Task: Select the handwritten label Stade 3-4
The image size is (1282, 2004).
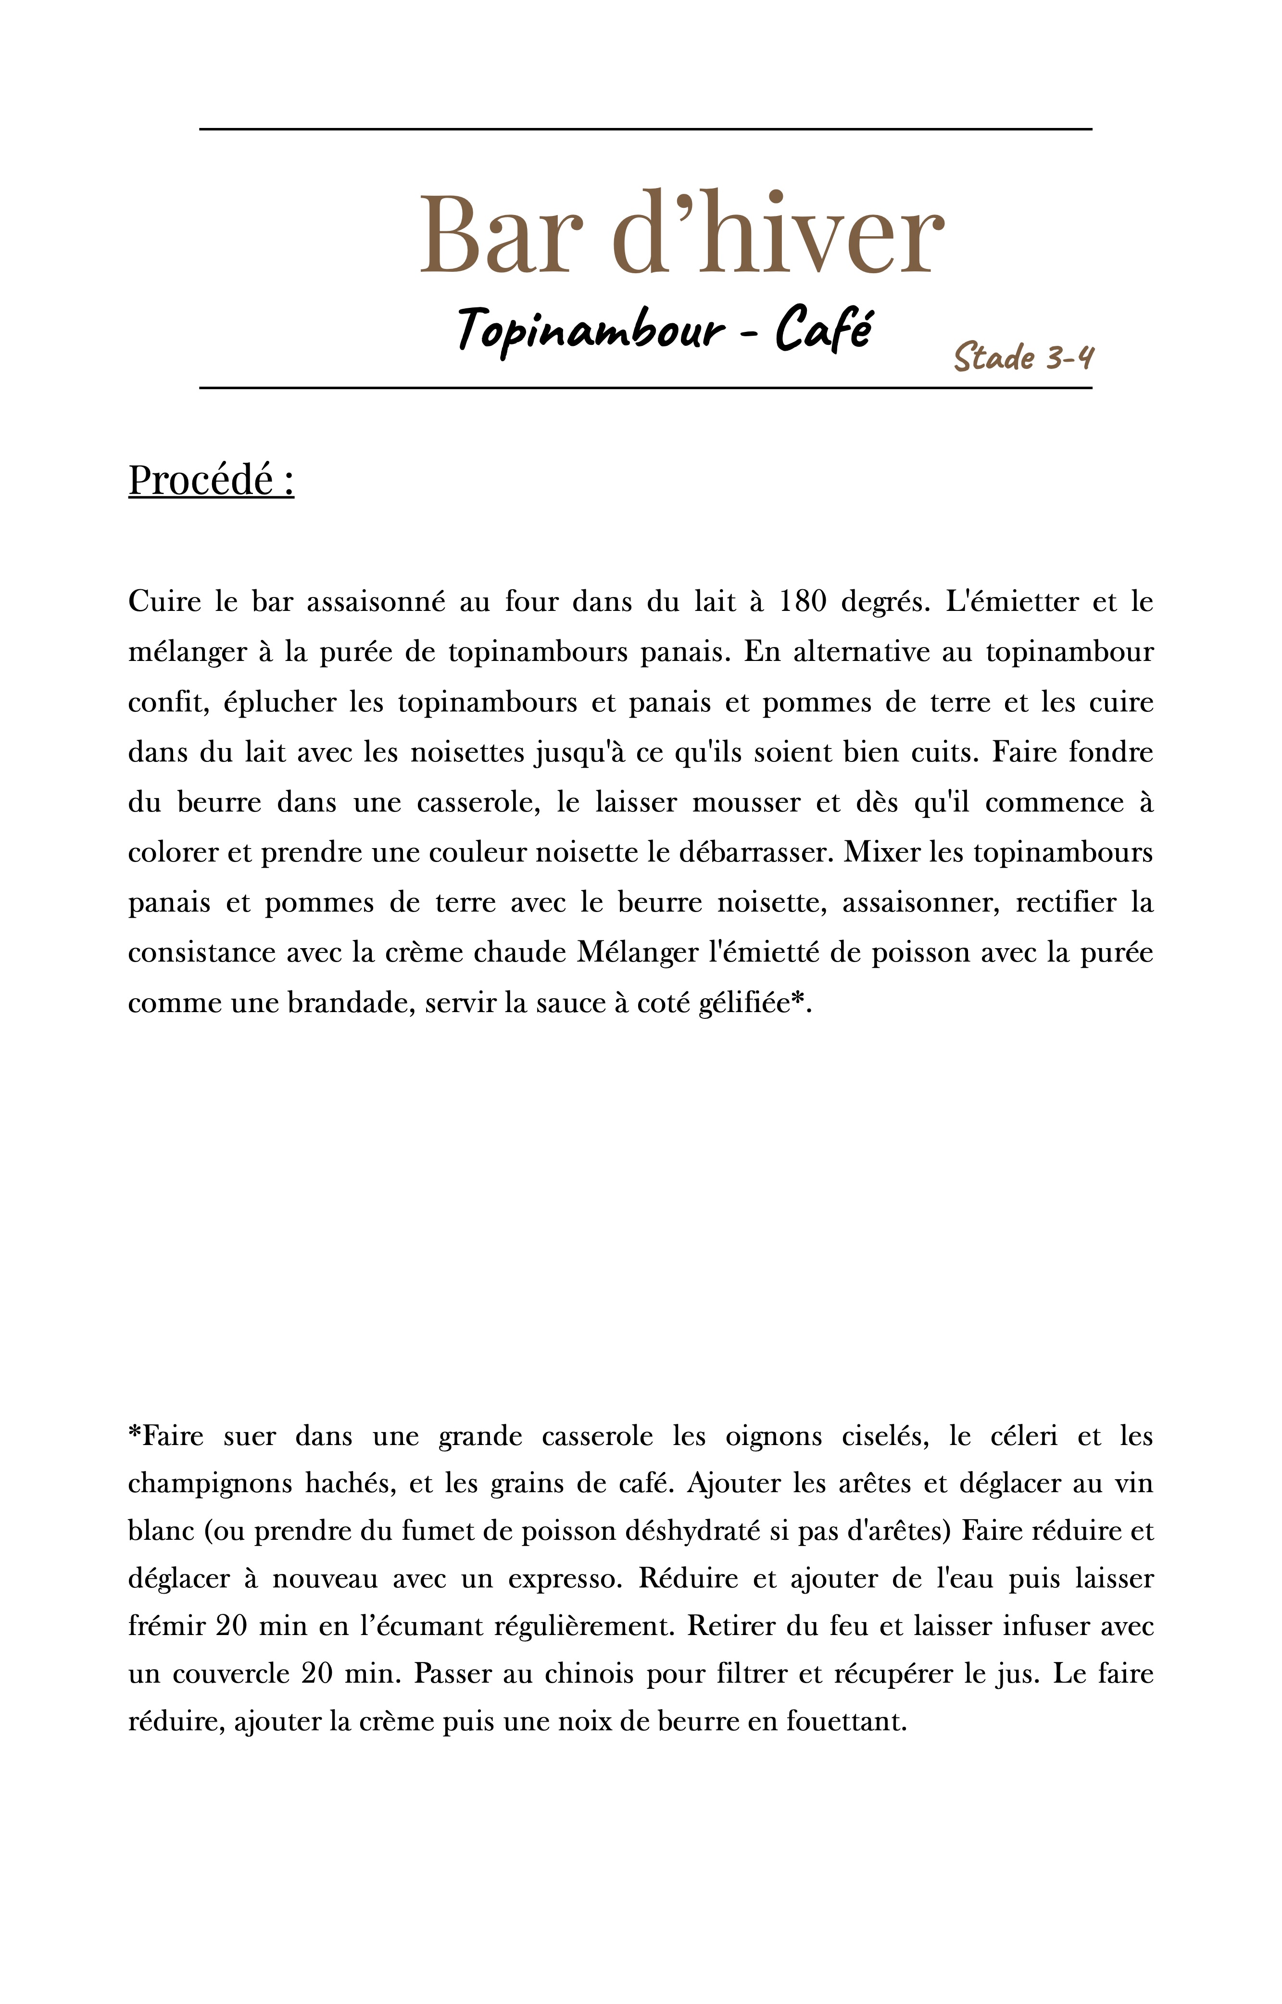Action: (x=1023, y=357)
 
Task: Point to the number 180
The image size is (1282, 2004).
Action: (x=803, y=601)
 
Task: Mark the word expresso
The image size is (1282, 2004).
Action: (x=565, y=1579)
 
